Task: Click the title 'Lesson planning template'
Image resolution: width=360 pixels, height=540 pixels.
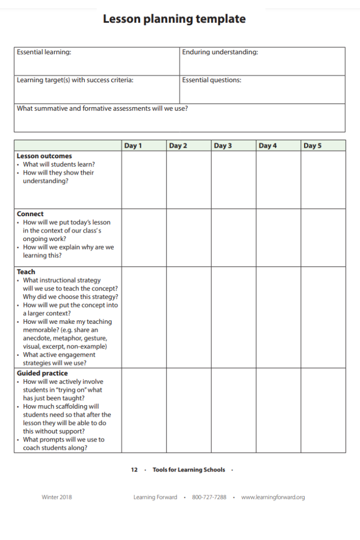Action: (174, 20)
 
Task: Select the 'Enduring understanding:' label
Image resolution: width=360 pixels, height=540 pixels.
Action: (220, 52)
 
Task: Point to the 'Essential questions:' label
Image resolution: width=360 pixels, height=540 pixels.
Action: (211, 80)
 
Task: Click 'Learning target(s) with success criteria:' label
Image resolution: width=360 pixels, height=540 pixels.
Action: (75, 80)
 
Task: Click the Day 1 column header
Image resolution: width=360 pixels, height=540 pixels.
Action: (133, 146)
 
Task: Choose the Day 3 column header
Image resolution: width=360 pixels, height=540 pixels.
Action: (222, 146)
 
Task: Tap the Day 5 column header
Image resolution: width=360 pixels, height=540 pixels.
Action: (312, 146)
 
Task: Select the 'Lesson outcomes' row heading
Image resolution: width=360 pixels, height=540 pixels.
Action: (44, 156)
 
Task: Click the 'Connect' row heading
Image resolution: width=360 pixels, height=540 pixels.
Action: (30, 214)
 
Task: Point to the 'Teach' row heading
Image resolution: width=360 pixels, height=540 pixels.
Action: (26, 272)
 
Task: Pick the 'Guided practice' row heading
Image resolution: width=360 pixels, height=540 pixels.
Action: (42, 373)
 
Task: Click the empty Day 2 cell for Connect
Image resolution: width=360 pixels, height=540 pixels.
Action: (189, 238)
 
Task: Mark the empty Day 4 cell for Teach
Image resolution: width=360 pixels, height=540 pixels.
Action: (278, 317)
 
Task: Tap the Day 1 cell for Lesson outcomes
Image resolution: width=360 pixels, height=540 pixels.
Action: (144, 180)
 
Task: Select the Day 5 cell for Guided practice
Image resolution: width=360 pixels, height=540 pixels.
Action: (323, 410)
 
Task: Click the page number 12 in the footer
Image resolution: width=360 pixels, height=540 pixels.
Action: (134, 470)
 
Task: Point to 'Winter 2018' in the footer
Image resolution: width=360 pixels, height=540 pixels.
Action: (57, 497)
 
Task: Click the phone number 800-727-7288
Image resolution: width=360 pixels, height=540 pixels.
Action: (209, 497)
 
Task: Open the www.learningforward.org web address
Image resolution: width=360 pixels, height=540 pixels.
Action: (273, 497)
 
